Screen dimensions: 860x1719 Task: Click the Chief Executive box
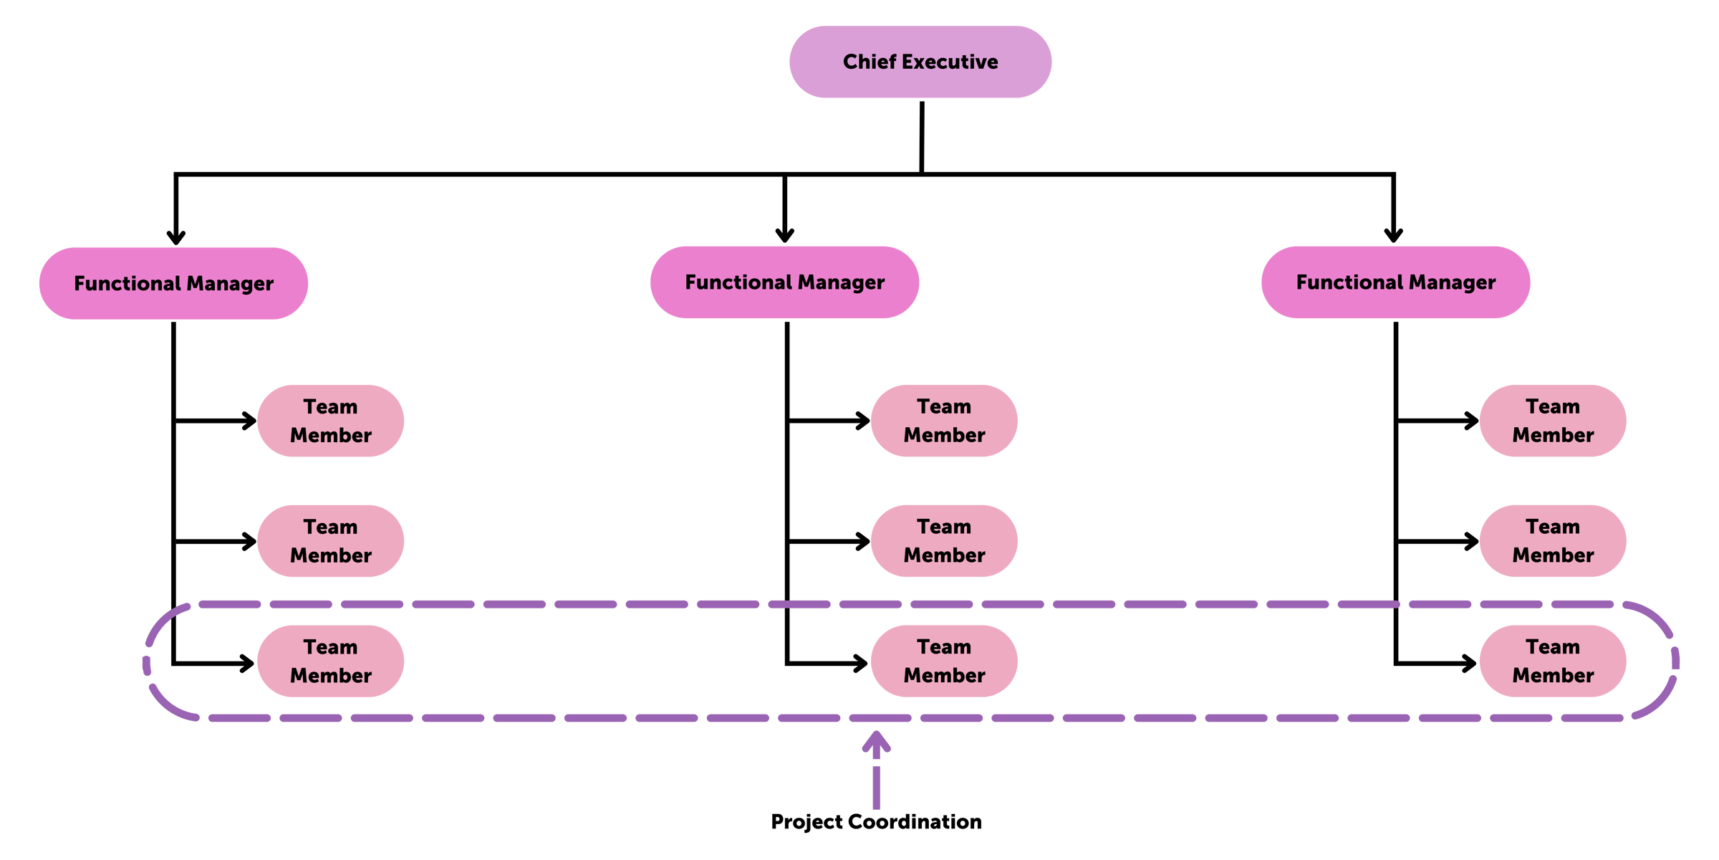(x=920, y=62)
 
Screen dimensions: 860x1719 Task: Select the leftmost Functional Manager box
(x=173, y=283)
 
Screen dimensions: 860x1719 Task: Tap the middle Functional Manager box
(x=784, y=282)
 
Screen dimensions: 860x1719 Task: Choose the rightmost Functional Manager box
(x=1395, y=282)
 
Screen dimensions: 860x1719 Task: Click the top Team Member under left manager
(x=330, y=421)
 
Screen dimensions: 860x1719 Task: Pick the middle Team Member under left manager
(x=330, y=541)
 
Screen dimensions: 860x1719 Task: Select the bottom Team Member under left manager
(x=330, y=661)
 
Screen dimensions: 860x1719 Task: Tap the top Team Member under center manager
(x=944, y=421)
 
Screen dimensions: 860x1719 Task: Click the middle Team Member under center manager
(x=944, y=541)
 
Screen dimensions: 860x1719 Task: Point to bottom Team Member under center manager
(x=944, y=661)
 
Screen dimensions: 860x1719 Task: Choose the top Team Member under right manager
(x=1553, y=421)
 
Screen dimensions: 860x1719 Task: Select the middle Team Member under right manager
(x=1553, y=541)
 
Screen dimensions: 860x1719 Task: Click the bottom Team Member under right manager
(x=1553, y=661)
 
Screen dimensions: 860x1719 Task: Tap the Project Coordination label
(x=876, y=821)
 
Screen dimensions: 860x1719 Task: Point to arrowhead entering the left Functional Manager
(x=176, y=236)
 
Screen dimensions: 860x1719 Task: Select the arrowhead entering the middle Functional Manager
(x=784, y=235)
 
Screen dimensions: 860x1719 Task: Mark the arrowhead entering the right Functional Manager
(x=1393, y=235)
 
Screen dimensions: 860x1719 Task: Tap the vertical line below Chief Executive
(x=921, y=136)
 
